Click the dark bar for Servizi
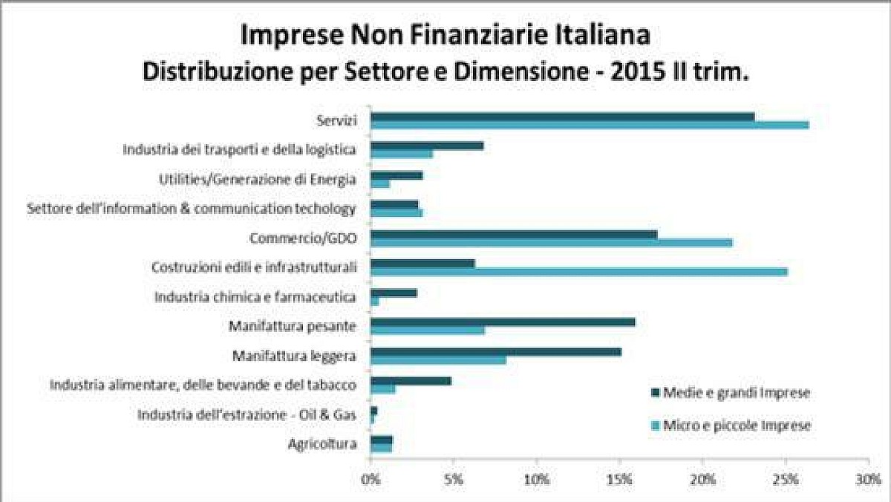click(x=562, y=117)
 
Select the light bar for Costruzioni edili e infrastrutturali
click(x=578, y=271)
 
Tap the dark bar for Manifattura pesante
click(x=503, y=322)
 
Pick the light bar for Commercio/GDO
click(x=551, y=242)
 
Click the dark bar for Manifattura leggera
click(x=495, y=351)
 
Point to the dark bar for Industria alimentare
click(x=411, y=381)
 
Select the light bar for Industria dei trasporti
click(x=402, y=154)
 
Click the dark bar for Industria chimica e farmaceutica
click(x=394, y=293)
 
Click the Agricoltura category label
click(x=322, y=444)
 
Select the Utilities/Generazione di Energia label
click(x=257, y=178)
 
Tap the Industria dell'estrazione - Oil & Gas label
click(x=247, y=414)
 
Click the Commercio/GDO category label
click(x=301, y=238)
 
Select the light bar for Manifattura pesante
click(x=428, y=330)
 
